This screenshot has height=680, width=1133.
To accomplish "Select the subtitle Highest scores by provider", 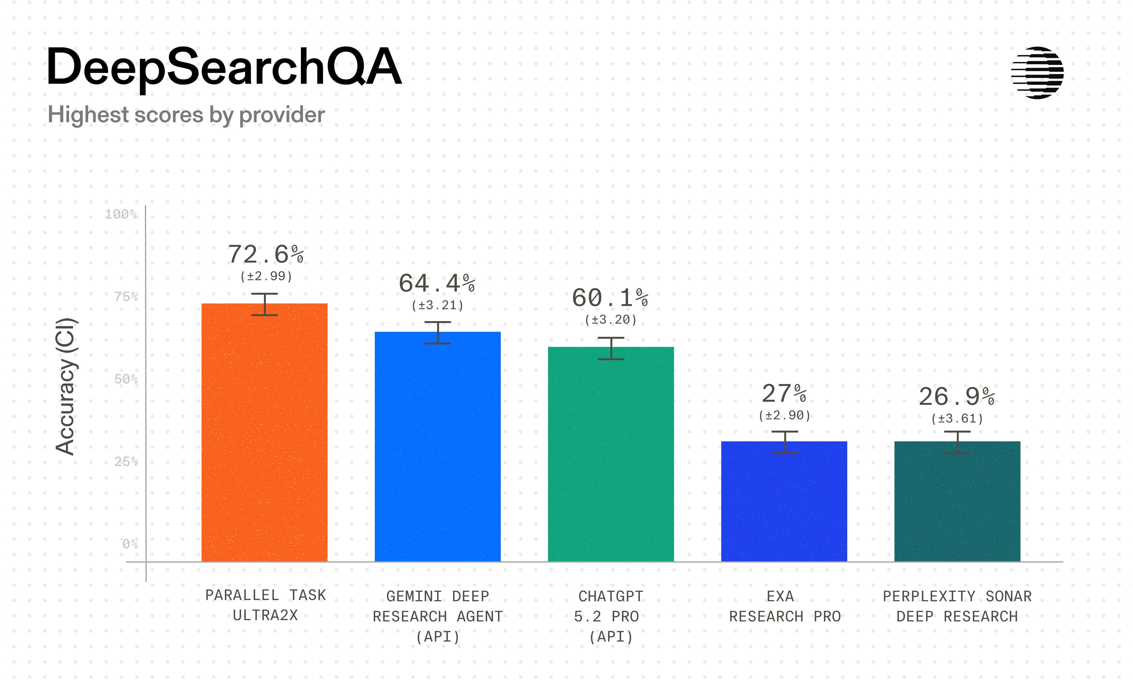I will [x=186, y=114].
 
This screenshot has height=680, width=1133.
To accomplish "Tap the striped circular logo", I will [x=1037, y=73].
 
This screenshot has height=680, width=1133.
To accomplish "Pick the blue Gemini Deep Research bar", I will [x=437, y=449].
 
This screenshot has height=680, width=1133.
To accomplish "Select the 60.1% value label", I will [x=610, y=298].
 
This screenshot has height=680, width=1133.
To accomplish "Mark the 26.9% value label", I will [x=957, y=397].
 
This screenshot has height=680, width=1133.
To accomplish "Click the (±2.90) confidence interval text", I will [x=784, y=415].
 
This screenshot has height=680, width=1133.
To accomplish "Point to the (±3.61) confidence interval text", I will [x=957, y=419].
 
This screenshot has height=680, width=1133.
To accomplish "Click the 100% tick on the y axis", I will [x=121, y=214].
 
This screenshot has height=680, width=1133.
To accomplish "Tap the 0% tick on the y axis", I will [x=130, y=544].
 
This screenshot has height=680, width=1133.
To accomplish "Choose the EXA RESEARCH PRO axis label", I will [x=785, y=606].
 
